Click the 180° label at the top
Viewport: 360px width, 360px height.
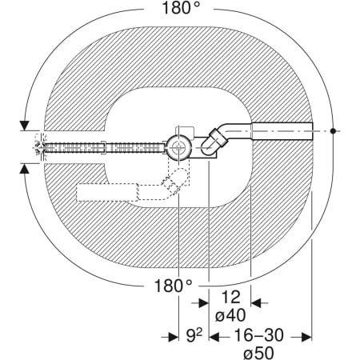pyautogui.click(x=181, y=7)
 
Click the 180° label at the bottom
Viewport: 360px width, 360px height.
pyautogui.click(x=173, y=286)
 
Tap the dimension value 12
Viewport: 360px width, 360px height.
pyautogui.click(x=230, y=298)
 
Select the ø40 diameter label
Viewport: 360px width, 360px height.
pyautogui.click(x=230, y=315)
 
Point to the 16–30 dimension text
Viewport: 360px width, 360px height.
pyautogui.click(x=258, y=335)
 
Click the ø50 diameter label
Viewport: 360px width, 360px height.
pyautogui.click(x=258, y=353)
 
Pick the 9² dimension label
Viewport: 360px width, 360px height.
pyautogui.click(x=194, y=335)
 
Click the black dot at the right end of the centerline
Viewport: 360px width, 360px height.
pyautogui.click(x=333, y=131)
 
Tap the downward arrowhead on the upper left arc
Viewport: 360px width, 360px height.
pyautogui.click(x=25, y=126)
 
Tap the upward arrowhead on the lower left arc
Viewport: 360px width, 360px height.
pyautogui.click(x=25, y=169)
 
